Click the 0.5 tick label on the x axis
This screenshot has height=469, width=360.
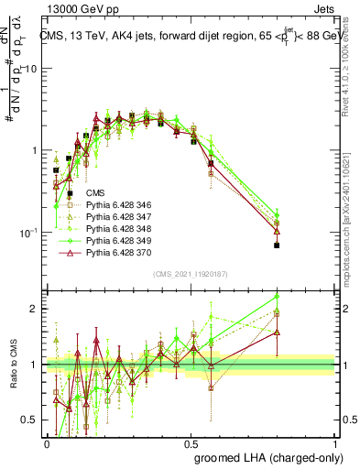[x=191, y=442]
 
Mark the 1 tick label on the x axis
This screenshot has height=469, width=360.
[x=335, y=442]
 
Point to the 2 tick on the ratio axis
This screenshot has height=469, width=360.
[x=35, y=309]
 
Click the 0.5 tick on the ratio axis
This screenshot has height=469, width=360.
[x=30, y=420]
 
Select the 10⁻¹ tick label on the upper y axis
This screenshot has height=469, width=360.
[x=28, y=233]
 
